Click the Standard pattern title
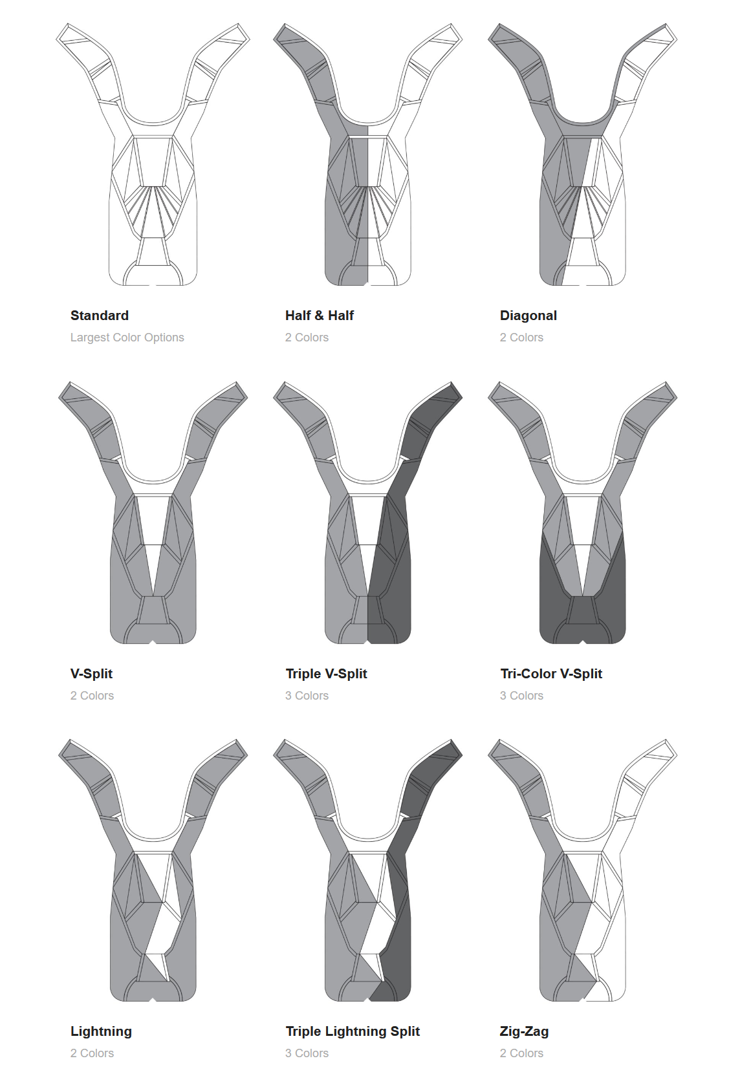100,316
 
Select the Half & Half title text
320,316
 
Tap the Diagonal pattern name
528,316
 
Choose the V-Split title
91,674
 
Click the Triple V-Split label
326,674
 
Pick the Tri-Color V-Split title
551,674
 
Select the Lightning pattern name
101,1032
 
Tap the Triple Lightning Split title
353,1032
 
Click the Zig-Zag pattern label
524,1032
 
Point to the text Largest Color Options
127,338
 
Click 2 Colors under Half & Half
307,338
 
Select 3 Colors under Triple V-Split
307,696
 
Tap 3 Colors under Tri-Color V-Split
521,696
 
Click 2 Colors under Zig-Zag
521,1053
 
